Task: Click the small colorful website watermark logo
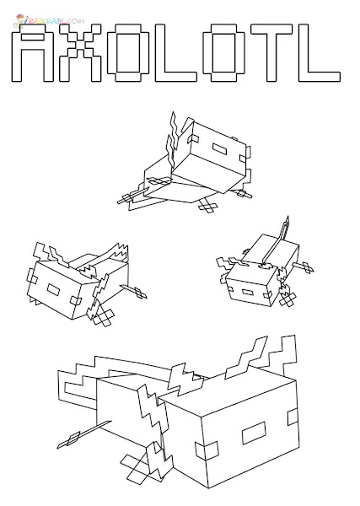48,20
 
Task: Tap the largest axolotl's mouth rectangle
254,433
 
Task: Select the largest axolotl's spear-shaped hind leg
83,434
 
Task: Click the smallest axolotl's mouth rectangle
247,293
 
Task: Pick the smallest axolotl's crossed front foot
287,299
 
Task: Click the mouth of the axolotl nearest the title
219,148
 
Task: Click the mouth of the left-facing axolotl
53,289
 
